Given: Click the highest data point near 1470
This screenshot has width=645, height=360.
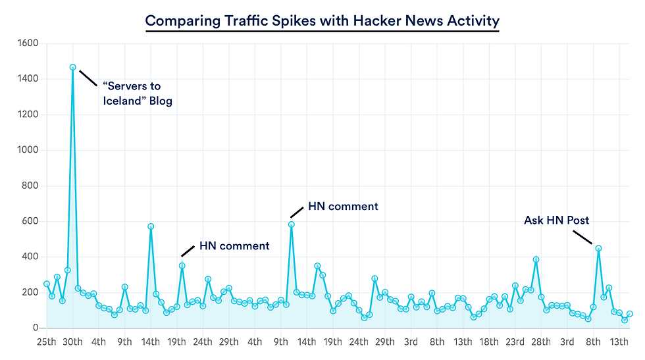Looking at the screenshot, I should click(72, 67).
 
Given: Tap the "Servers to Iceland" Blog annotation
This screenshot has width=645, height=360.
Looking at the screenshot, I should click(137, 93).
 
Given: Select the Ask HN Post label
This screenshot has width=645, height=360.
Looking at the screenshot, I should click(556, 220).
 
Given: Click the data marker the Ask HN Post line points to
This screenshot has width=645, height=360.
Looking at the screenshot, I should click(598, 248).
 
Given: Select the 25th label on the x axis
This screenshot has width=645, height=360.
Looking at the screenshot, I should click(46, 342).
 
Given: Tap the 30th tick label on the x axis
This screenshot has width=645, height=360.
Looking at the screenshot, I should click(72, 342).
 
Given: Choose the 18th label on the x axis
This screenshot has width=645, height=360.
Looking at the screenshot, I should click(488, 342).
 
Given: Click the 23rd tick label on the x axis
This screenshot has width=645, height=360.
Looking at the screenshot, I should click(515, 342).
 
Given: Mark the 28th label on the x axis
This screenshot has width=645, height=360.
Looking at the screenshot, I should click(541, 342).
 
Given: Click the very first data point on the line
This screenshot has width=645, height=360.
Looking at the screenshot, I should click(47, 284).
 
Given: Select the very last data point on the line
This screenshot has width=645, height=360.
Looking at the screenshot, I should click(630, 314).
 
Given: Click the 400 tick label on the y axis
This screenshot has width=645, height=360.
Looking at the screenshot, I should click(28, 257).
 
